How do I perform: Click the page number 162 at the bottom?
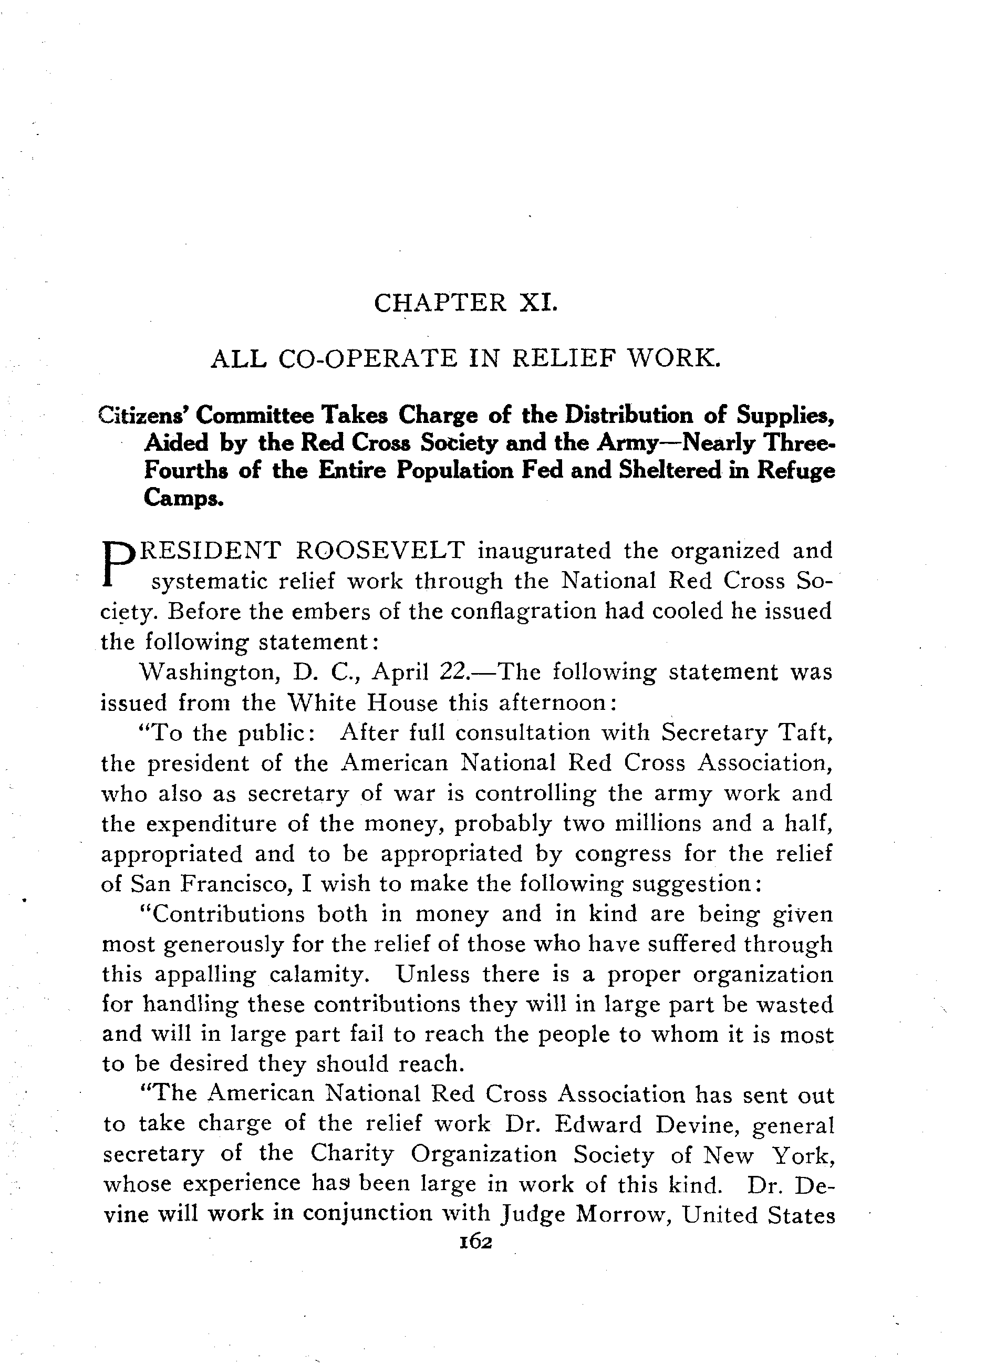[475, 1243]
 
